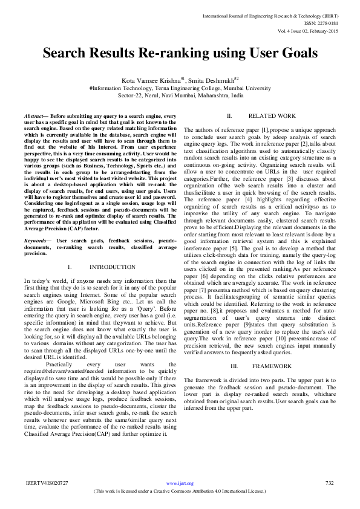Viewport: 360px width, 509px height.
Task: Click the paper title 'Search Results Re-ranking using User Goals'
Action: point(180,53)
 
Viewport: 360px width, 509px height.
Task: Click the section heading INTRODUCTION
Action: point(112,267)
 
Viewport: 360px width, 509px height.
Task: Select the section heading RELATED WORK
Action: point(272,115)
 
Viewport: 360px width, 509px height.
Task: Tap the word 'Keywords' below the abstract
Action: point(34,241)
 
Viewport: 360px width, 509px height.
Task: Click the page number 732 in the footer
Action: point(330,483)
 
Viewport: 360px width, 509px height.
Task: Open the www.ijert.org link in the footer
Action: point(180,484)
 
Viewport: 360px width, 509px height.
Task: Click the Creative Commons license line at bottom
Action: point(180,491)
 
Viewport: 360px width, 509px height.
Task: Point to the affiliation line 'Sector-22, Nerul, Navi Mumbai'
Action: point(181,96)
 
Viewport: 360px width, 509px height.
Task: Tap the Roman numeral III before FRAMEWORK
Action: point(234,367)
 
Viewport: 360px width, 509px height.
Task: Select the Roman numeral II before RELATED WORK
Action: point(229,115)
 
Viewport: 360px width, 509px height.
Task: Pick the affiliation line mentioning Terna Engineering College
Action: point(180,88)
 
